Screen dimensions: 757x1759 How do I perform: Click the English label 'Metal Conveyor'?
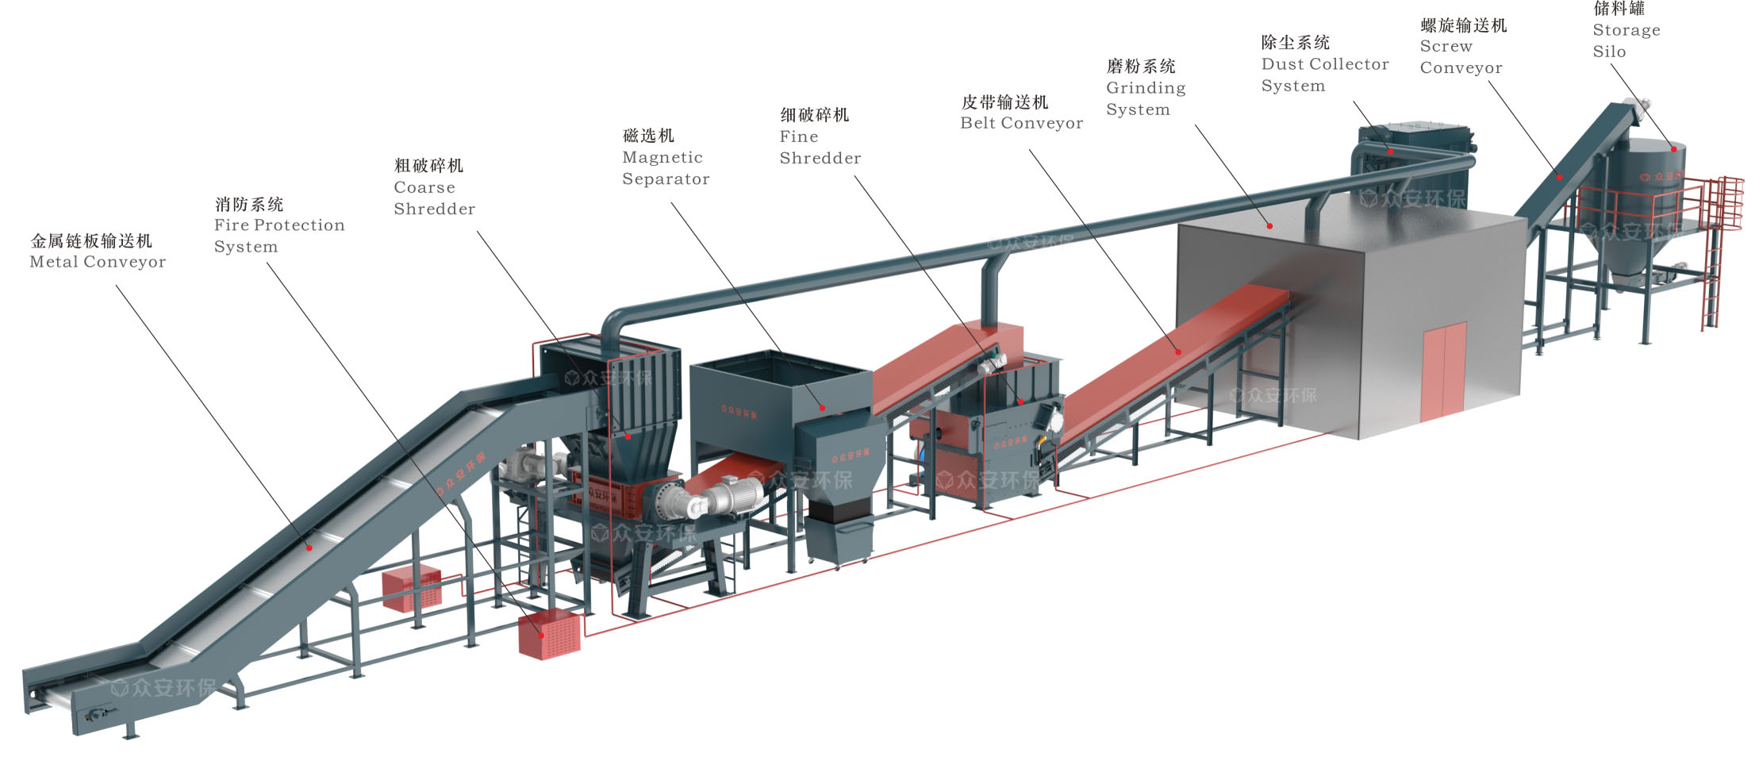98,262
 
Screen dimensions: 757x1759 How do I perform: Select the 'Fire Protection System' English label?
278,236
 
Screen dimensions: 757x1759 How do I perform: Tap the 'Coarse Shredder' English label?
434,198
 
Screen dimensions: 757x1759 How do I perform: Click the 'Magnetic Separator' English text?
665,168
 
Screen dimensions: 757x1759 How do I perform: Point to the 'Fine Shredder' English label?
820,148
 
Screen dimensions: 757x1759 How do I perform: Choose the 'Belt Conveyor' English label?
1021,123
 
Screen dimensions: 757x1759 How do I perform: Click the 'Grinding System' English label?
1145,98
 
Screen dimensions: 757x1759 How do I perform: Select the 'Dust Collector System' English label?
1324,75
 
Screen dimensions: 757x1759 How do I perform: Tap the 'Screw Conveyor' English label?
1461,57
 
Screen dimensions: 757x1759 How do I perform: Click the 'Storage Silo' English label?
1626,40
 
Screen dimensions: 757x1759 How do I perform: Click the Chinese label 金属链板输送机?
91,240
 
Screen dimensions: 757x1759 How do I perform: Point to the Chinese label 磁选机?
648,136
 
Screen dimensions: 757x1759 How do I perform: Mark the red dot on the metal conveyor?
309,548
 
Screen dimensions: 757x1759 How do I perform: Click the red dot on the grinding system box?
1269,226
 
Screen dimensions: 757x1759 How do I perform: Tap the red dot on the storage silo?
1674,148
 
